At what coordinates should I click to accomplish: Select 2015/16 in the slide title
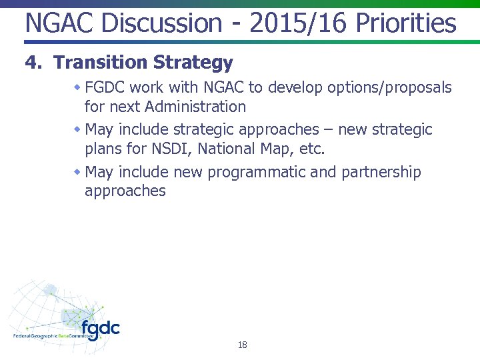coord(299,24)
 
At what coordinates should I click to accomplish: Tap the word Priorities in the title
coord(406,24)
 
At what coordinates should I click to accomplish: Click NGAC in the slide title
coord(54,24)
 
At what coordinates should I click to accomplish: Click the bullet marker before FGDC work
coord(77,87)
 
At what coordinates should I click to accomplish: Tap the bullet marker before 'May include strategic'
coord(77,129)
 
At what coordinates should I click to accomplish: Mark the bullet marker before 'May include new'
coord(77,172)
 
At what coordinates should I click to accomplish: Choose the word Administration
coord(195,107)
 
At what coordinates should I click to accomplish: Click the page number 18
coord(242,345)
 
